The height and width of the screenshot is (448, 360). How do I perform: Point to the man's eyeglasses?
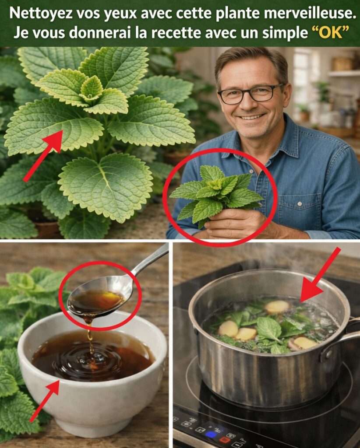[x=250, y=94]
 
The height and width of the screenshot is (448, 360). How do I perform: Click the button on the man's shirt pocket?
[x=300, y=204]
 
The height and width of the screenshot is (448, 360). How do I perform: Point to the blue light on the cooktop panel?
[x=211, y=434]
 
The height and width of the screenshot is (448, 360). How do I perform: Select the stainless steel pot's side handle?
[x=342, y=339]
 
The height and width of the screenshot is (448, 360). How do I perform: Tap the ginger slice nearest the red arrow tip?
[x=277, y=307]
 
